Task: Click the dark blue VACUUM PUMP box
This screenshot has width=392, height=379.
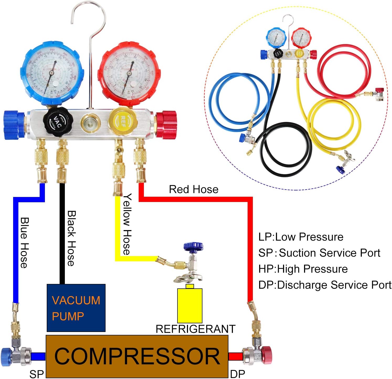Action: point(76,308)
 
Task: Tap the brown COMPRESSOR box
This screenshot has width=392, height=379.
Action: point(137,356)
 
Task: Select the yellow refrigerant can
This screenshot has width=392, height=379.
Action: point(190,305)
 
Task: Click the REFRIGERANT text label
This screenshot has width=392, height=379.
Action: point(195,329)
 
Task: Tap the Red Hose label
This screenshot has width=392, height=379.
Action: point(194,189)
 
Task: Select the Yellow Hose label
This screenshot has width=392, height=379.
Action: point(127,224)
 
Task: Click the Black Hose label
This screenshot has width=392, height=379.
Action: point(71,238)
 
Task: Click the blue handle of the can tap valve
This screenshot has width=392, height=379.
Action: point(193,246)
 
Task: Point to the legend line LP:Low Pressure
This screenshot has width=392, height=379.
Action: point(301,237)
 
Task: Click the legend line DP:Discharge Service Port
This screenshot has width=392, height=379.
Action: point(325,285)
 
